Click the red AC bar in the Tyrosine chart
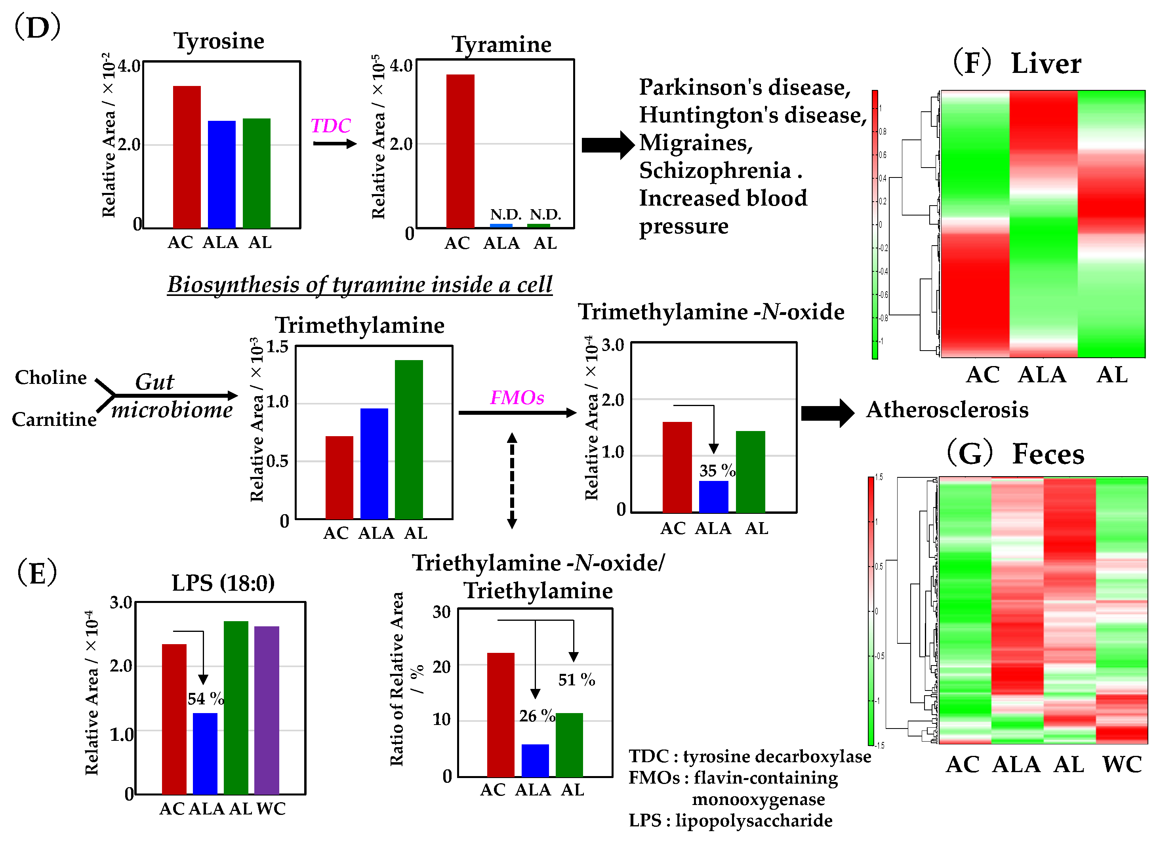(x=187, y=156)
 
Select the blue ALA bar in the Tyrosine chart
(x=221, y=174)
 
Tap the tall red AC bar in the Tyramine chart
(x=460, y=151)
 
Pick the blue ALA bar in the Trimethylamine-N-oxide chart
(x=713, y=496)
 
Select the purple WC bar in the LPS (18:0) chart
(x=267, y=710)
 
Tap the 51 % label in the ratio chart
(x=576, y=679)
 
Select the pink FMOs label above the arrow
(x=517, y=397)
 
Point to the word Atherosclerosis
(x=947, y=410)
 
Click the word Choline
(x=51, y=377)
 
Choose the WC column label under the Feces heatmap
(x=1122, y=764)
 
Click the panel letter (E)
(x=37, y=572)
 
